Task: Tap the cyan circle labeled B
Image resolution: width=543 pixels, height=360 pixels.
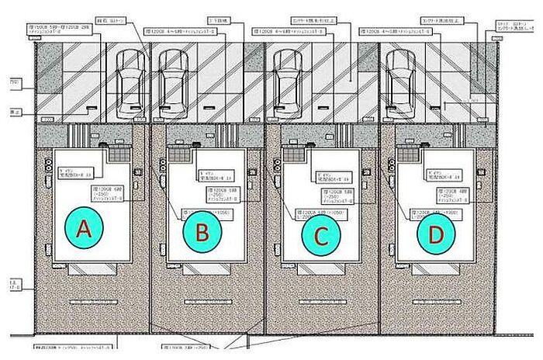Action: (x=202, y=231)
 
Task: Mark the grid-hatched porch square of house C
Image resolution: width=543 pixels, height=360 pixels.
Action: (x=293, y=154)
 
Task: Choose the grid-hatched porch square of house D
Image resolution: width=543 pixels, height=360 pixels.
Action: (x=408, y=154)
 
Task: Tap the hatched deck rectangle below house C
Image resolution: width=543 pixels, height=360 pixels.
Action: (x=320, y=268)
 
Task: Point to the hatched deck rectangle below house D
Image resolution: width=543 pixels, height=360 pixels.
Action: (x=434, y=268)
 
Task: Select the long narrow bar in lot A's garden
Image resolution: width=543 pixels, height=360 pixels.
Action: (x=92, y=299)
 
